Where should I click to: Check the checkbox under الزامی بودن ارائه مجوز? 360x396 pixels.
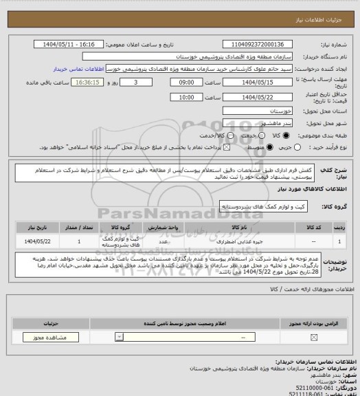coord(315,337)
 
